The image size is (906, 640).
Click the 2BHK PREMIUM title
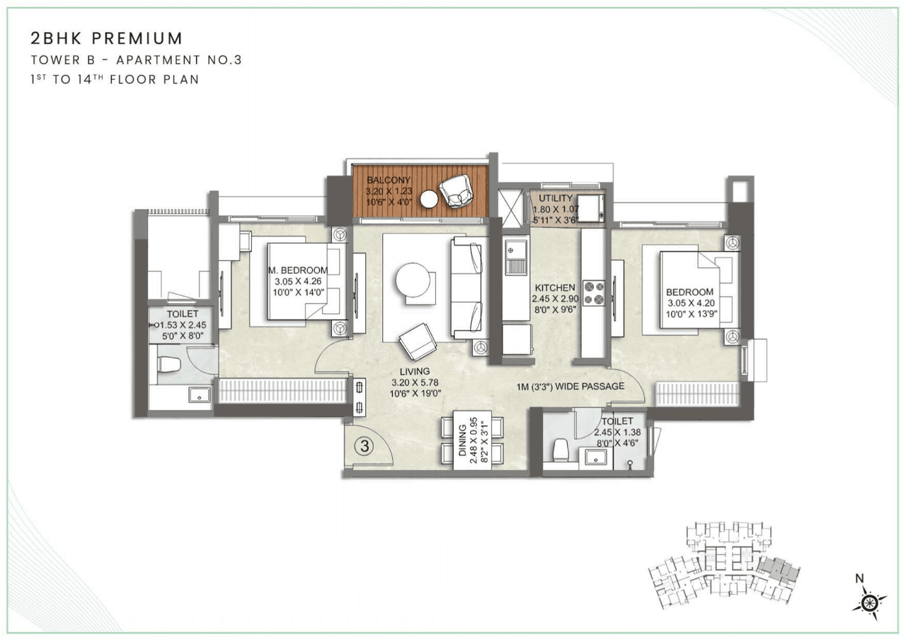107,38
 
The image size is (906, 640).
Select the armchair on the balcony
454,190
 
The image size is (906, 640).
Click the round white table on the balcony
429,200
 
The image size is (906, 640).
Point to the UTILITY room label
556,199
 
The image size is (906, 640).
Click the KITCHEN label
555,288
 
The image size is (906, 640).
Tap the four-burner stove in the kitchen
593,292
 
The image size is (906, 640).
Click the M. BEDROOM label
298,270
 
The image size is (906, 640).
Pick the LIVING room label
414,371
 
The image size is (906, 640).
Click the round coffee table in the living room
413,280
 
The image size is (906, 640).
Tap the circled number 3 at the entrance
364,446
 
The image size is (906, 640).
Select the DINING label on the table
464,440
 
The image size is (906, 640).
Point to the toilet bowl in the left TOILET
168,365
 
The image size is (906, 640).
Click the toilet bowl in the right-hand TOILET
561,449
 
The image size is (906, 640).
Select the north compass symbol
869,601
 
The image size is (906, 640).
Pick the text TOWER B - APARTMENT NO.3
137,60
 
